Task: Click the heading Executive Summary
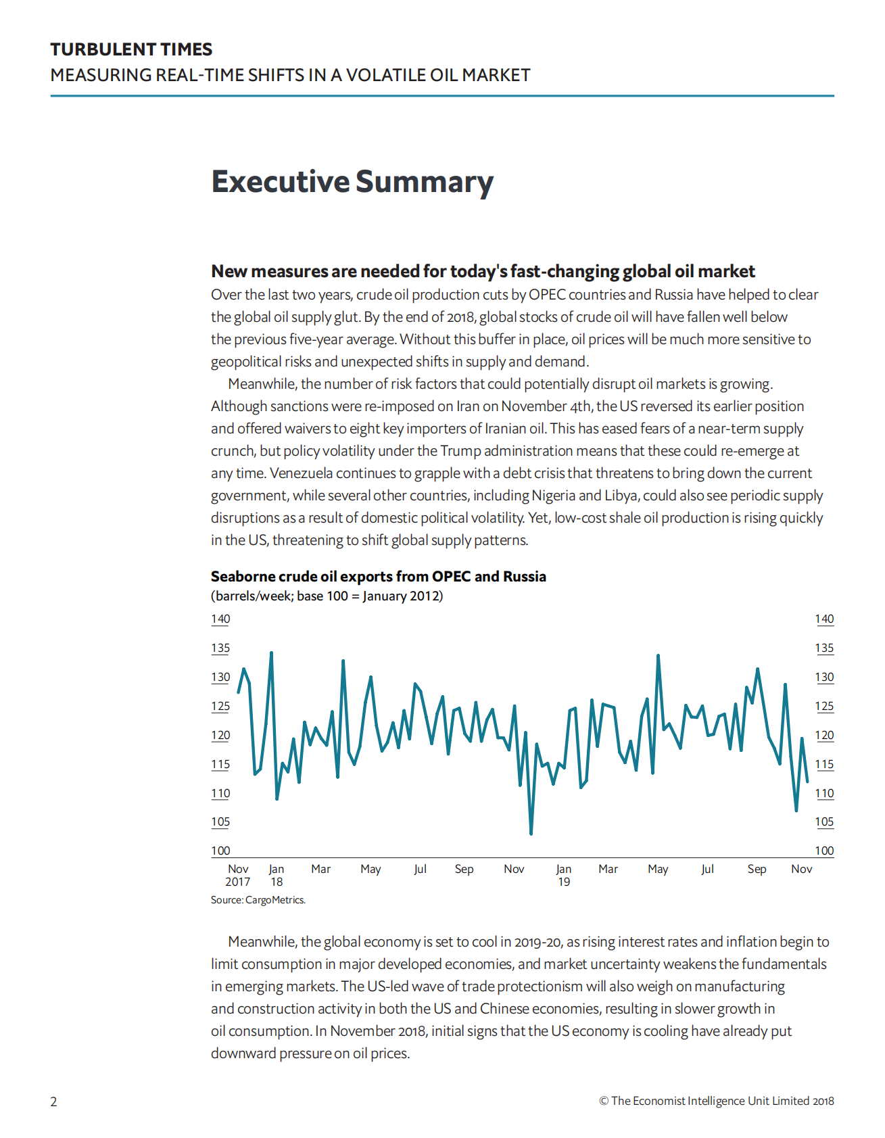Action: (352, 182)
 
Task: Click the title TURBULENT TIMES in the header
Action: (131, 49)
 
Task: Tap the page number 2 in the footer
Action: (54, 1101)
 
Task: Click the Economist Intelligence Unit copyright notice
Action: (716, 1101)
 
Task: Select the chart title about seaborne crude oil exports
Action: (378, 577)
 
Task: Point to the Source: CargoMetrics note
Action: (258, 900)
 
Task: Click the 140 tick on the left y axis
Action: (220, 619)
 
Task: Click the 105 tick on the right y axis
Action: (824, 822)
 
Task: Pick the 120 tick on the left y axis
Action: (220, 736)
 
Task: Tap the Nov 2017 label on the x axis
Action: (238, 876)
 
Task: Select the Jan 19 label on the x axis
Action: (564, 876)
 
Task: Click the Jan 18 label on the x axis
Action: (277, 876)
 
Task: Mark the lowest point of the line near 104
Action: (531, 834)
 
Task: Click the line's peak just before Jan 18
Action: (271, 653)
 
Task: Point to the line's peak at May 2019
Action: (658, 655)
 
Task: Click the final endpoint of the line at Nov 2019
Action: (807, 782)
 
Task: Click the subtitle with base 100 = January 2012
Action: (327, 596)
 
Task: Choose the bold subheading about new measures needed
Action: (483, 271)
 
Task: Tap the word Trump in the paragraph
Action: (460, 451)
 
